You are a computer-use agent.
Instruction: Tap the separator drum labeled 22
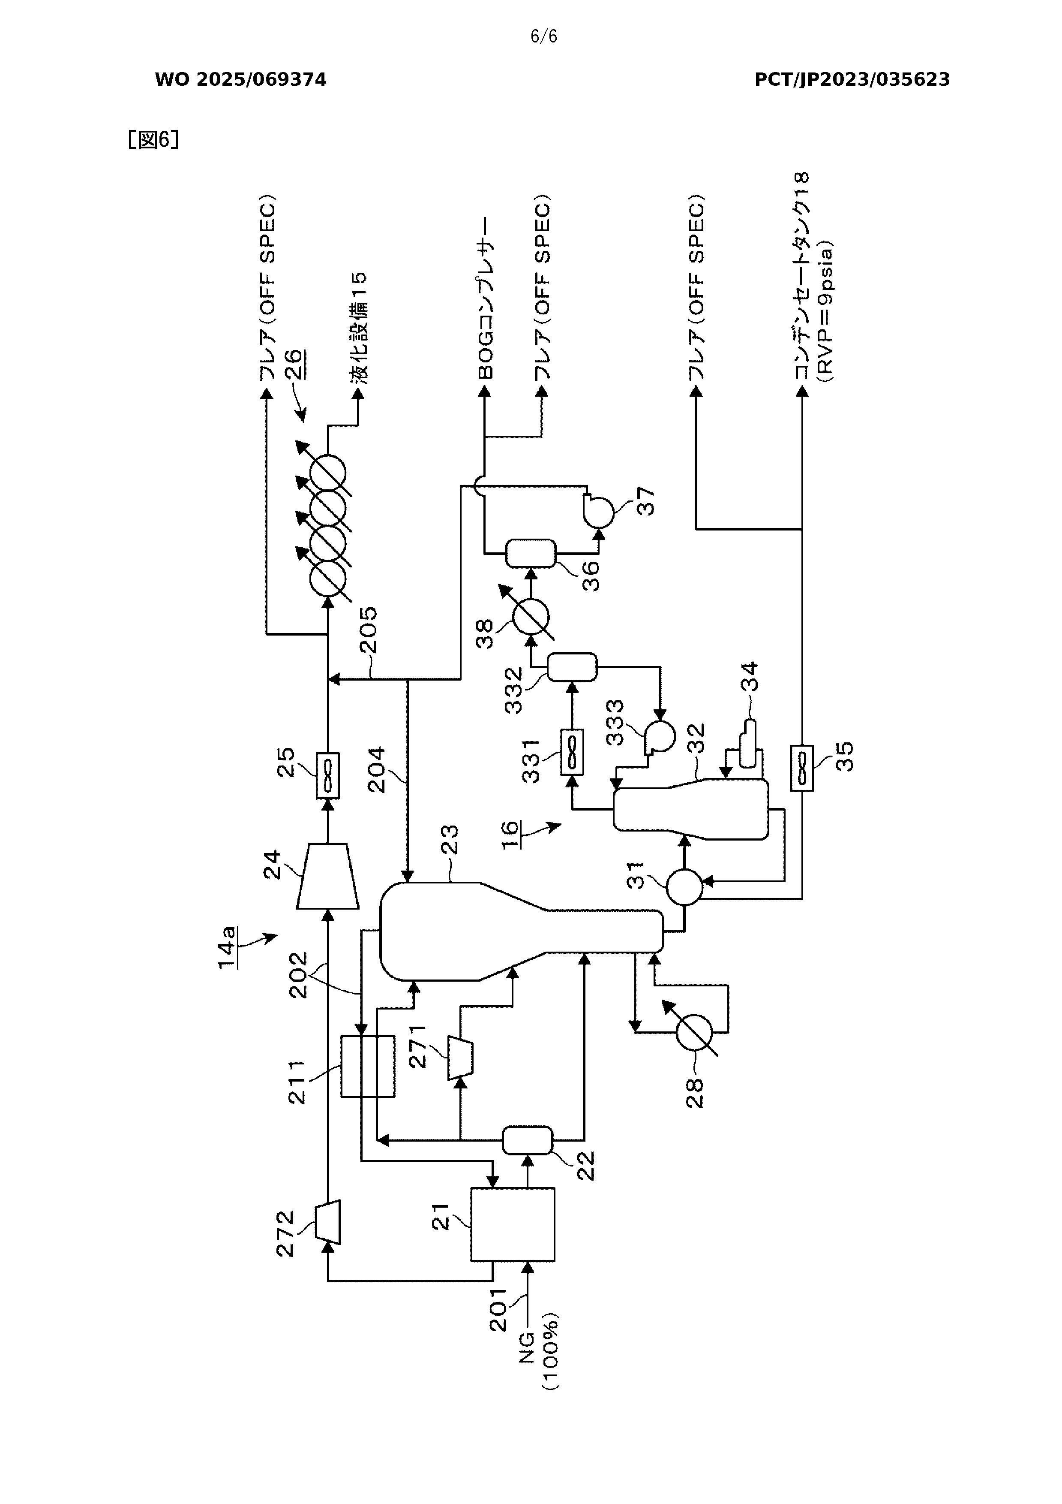click(527, 1140)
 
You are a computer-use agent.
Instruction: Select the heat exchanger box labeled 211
click(367, 1066)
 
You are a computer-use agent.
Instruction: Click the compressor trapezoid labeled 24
click(327, 876)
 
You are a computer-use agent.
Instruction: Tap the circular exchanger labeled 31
click(684, 887)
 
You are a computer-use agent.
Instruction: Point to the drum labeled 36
click(530, 554)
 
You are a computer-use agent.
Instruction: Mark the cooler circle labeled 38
click(530, 616)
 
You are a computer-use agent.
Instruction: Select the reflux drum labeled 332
click(572, 667)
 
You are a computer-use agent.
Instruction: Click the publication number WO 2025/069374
click(240, 80)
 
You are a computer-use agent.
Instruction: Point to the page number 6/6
click(543, 37)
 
